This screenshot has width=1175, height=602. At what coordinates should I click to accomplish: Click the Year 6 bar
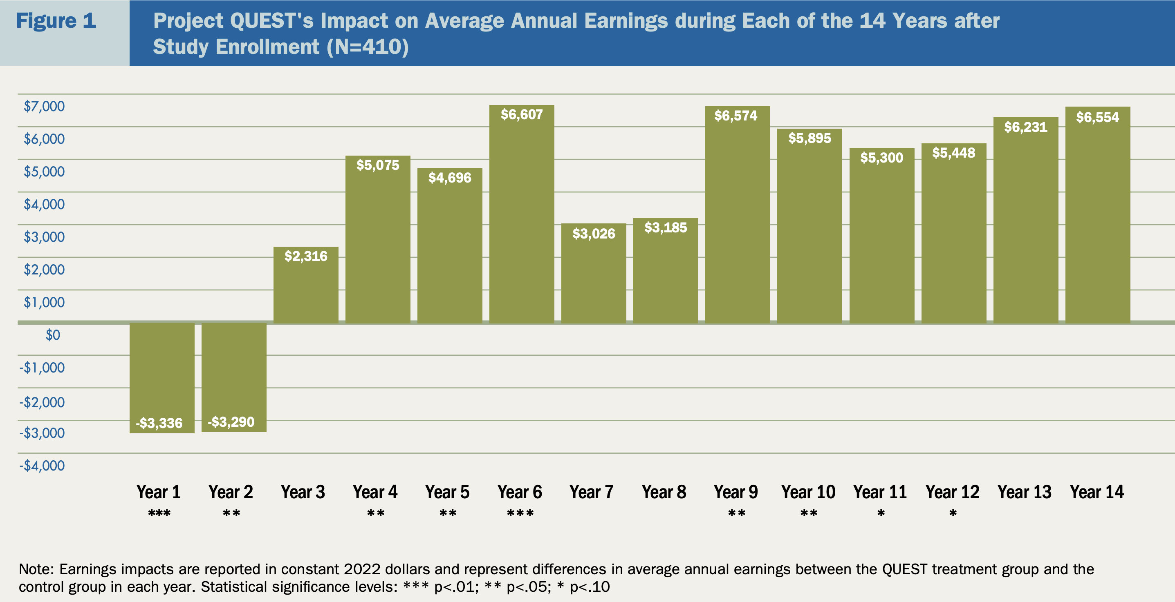pyautogui.click(x=521, y=219)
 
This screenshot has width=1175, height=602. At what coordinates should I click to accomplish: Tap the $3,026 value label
pyautogui.click(x=594, y=234)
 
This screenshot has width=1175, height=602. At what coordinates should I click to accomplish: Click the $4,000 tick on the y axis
pyautogui.click(x=44, y=204)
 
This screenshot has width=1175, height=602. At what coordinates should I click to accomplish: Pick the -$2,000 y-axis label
pyautogui.click(x=42, y=402)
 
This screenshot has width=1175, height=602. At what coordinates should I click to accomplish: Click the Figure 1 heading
pyautogui.click(x=56, y=21)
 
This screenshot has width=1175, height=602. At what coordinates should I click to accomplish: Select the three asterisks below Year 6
pyautogui.click(x=520, y=514)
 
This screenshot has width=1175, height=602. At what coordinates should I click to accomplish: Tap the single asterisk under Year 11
pyautogui.click(x=881, y=514)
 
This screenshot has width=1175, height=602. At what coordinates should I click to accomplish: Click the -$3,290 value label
pyautogui.click(x=231, y=422)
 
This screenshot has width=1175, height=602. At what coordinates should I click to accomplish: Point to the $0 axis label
pyautogui.click(x=52, y=335)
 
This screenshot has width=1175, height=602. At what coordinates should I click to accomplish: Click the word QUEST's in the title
pyautogui.click(x=271, y=21)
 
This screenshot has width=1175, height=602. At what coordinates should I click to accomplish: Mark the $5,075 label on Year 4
pyautogui.click(x=378, y=165)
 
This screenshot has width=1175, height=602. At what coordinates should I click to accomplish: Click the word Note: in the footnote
pyautogui.click(x=36, y=569)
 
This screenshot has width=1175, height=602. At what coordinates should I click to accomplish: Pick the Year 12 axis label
pyautogui.click(x=953, y=492)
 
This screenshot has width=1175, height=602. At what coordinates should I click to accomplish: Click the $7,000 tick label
pyautogui.click(x=44, y=106)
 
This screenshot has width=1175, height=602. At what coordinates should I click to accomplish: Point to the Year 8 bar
pyautogui.click(x=665, y=273)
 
